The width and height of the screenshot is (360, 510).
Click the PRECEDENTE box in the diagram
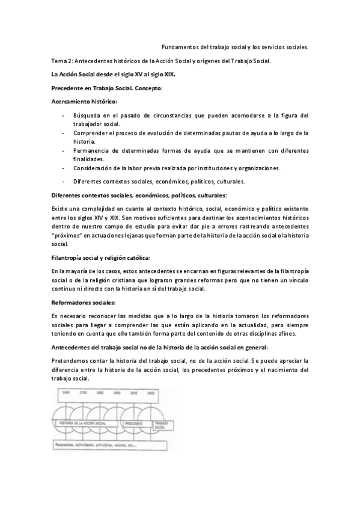tap(134, 424)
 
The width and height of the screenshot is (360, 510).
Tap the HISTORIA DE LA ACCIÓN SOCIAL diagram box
tap(82, 424)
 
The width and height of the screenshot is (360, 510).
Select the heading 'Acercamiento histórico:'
tap(84, 101)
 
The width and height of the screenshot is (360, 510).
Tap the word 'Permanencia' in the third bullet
tap(92, 150)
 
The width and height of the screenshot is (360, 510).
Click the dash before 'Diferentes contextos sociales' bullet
tap(64, 181)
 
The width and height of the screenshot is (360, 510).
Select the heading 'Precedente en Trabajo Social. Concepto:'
tap(103, 88)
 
